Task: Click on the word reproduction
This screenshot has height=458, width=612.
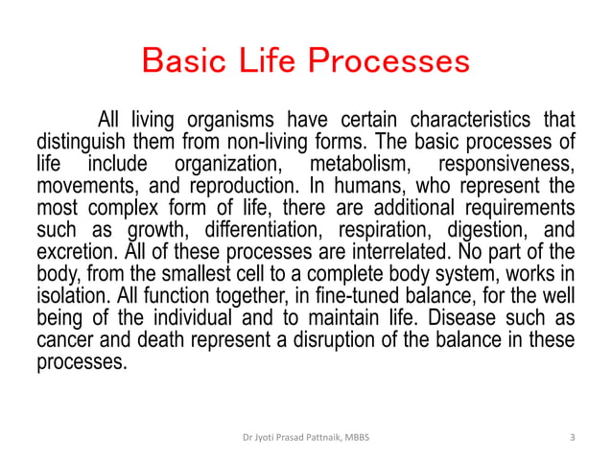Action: click(221, 184)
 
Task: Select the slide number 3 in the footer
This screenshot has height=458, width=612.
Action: click(572, 439)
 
